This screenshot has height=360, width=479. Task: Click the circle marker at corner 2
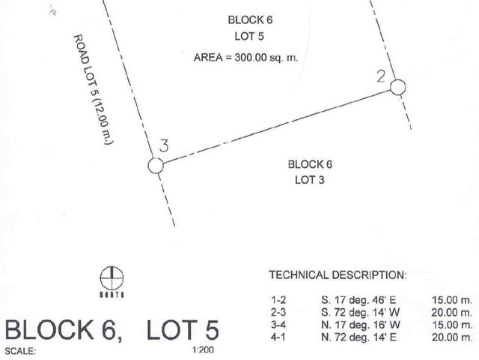pos(397,80)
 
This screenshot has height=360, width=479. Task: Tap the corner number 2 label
pos(381,76)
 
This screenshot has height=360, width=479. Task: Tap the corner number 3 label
pos(164,145)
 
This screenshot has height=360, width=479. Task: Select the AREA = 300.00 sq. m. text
pos(245,57)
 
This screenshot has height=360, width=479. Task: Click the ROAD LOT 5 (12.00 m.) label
pos(94,89)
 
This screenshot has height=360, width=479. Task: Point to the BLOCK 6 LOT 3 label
pos(310,172)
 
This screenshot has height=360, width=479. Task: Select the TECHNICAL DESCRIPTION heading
pos(338,275)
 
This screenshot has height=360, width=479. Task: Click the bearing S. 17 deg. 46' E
pos(359,300)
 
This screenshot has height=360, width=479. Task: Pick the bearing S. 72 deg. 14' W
pos(360,312)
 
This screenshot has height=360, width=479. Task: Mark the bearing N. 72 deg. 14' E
pos(359,337)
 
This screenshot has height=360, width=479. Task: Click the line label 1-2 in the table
pos(278,300)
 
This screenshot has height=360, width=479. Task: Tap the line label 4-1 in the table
pos(278,337)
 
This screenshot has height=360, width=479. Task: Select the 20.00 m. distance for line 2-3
pos(452,313)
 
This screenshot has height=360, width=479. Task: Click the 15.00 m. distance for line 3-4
pos(452,325)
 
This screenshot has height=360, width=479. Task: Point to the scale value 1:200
pos(203,349)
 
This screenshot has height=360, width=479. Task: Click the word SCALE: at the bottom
pos(20,351)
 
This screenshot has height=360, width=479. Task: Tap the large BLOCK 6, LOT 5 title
pos(112,330)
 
